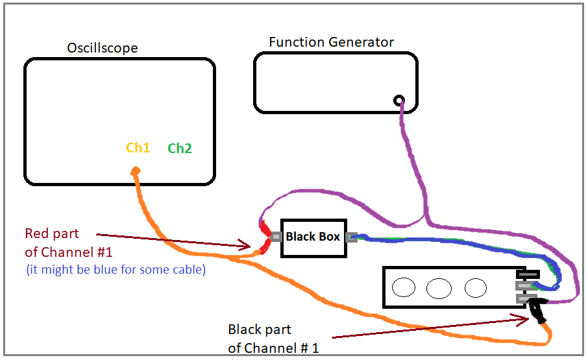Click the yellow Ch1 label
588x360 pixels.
138,148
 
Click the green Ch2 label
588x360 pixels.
180,149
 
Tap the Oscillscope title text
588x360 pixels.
103,48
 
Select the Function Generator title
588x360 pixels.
331,42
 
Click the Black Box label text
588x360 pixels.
313,237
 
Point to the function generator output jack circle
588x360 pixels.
398,101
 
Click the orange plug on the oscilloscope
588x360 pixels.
136,171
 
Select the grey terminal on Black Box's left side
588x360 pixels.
276,237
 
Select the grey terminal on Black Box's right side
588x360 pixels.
352,237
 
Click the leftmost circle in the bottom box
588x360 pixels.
404,287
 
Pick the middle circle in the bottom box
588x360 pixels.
439,287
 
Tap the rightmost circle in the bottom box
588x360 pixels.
476,287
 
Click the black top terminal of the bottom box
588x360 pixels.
528,274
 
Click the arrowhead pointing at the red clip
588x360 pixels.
246,245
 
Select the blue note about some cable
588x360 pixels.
116,269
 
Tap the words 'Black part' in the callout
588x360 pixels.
260,330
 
